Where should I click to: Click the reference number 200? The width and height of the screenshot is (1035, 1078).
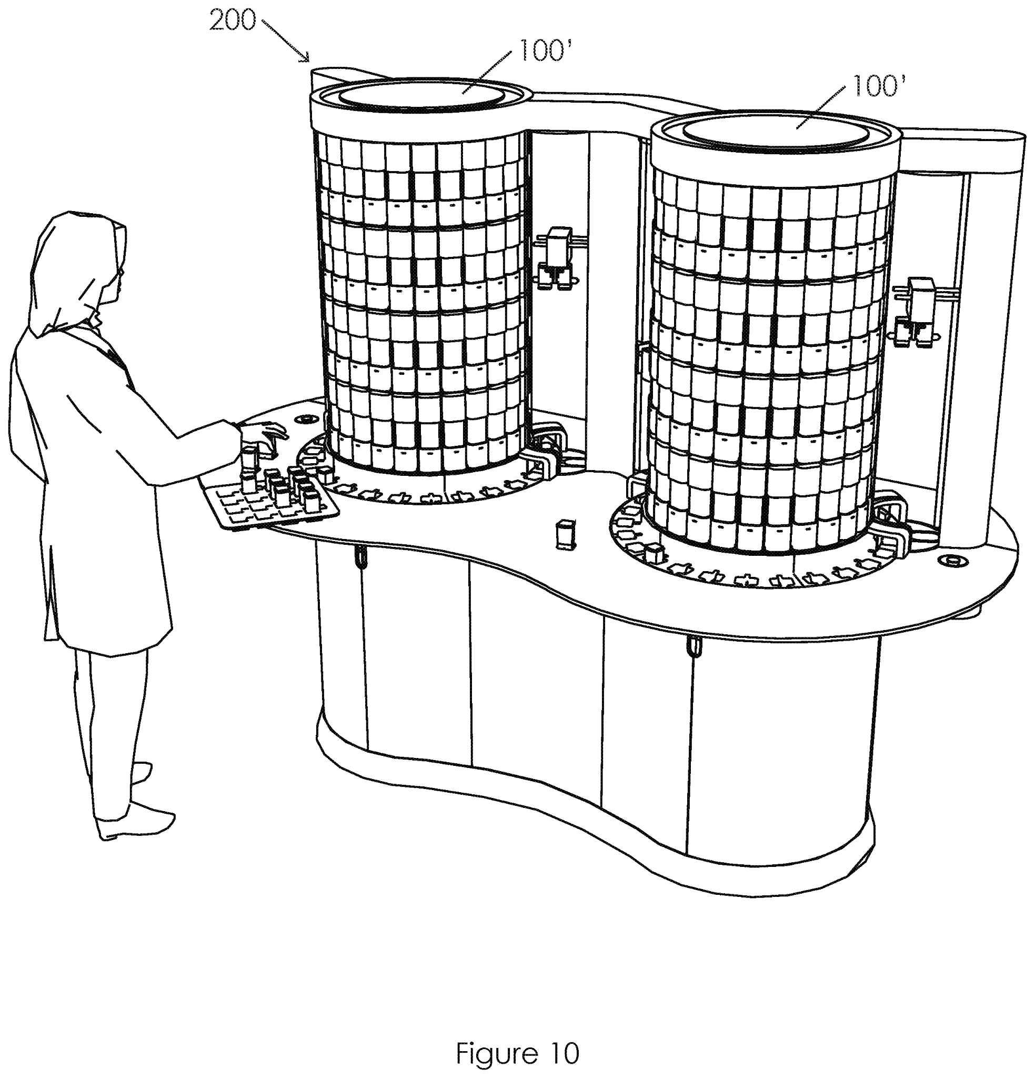[x=232, y=21]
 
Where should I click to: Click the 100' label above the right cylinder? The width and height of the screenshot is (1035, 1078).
[x=878, y=86]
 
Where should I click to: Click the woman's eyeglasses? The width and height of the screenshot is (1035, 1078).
[x=120, y=272]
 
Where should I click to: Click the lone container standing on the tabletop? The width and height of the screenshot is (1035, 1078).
[x=564, y=534]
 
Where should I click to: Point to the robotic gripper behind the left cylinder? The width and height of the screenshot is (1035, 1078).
[x=556, y=258]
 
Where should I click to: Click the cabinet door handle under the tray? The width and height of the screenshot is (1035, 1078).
[x=360, y=559]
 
